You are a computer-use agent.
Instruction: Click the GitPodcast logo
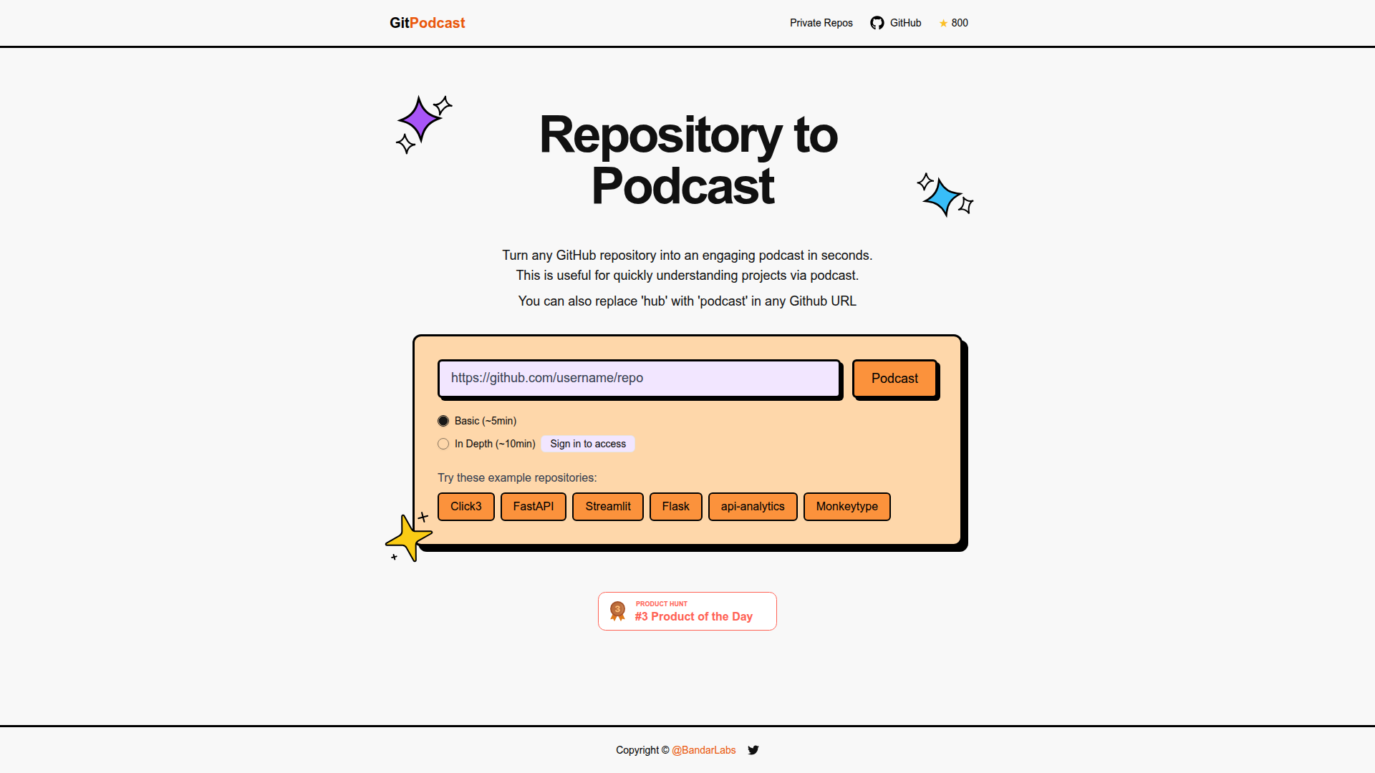tap(427, 23)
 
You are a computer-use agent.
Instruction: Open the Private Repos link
tap(821, 23)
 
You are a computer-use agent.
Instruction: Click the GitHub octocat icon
tap(877, 23)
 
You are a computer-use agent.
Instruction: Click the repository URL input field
tap(638, 378)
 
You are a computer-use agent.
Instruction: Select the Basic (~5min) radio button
tap(443, 421)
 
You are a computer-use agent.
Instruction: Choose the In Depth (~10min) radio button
tap(443, 444)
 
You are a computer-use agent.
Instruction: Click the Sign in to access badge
tap(587, 444)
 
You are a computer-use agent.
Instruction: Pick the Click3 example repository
tap(465, 507)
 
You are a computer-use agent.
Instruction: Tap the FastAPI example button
tap(533, 507)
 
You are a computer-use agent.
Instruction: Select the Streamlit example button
tap(607, 507)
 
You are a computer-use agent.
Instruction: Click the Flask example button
tap(675, 507)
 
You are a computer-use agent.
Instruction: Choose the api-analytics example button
tap(752, 507)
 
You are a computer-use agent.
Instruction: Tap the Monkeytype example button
tap(846, 507)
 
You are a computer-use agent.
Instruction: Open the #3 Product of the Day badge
tap(687, 611)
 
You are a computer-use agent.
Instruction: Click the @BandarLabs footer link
tap(703, 750)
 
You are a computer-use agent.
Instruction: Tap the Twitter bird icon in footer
tap(753, 750)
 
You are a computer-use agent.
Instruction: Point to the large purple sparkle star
tap(420, 119)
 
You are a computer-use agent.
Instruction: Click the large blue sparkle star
tap(942, 197)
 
